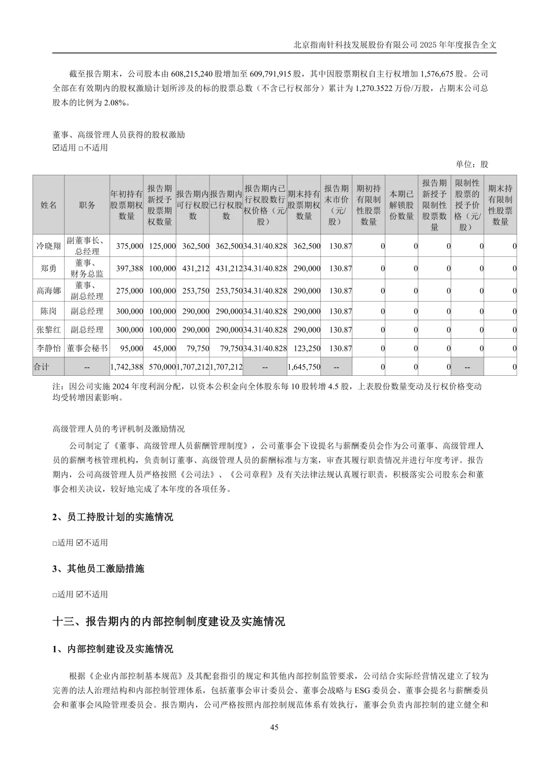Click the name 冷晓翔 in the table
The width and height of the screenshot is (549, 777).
click(x=48, y=246)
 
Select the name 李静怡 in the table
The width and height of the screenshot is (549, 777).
click(x=48, y=348)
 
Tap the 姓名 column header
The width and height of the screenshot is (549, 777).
click(x=48, y=205)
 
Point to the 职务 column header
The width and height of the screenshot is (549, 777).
click(x=87, y=205)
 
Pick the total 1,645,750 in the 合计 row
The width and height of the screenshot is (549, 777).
click(x=304, y=367)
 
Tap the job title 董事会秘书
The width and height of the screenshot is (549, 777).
click(x=87, y=348)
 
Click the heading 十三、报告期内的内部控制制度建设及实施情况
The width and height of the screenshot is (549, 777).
click(x=169, y=621)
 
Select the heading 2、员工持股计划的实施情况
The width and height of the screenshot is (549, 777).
click(x=112, y=517)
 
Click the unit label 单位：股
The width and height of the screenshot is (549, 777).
click(x=472, y=164)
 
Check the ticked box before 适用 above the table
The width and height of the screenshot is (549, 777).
click(x=56, y=148)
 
